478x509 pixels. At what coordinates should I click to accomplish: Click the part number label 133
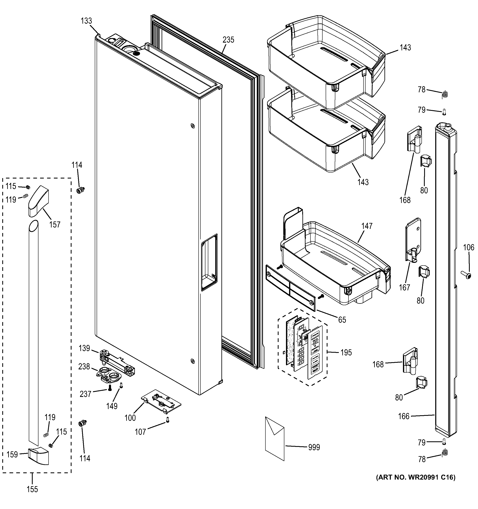pyautogui.click(x=86, y=21)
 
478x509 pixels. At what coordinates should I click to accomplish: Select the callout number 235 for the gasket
pyautogui.click(x=228, y=40)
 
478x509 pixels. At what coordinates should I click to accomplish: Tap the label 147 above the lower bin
pyautogui.click(x=367, y=226)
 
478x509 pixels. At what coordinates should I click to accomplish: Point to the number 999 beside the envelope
pyautogui.click(x=314, y=447)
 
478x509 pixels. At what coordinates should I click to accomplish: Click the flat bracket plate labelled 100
pyautogui.click(x=161, y=405)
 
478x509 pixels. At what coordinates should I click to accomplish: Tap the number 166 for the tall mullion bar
pyautogui.click(x=404, y=416)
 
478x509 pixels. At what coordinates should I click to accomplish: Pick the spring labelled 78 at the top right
pyautogui.click(x=445, y=94)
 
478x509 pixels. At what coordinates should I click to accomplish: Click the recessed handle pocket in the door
pyautogui.click(x=209, y=262)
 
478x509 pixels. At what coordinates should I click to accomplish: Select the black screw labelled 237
pyautogui.click(x=110, y=388)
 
